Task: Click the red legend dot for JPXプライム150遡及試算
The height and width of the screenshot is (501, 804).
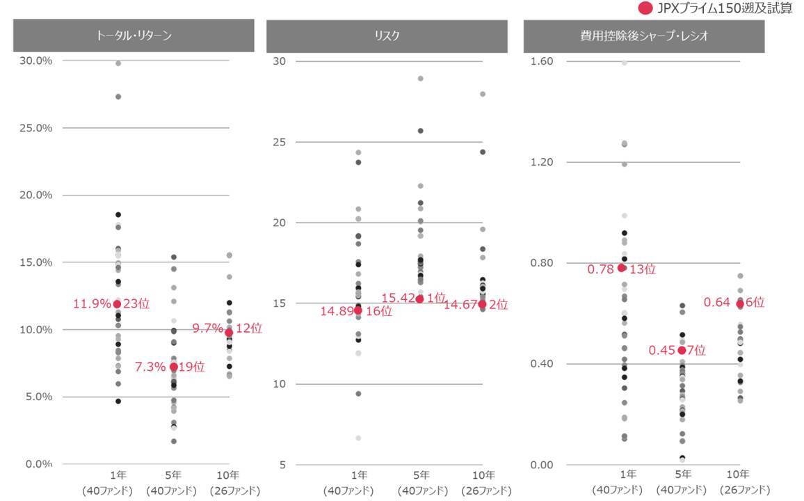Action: click(645, 8)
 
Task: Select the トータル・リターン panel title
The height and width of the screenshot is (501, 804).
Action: click(134, 35)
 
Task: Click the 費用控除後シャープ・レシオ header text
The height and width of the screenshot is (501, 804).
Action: click(643, 35)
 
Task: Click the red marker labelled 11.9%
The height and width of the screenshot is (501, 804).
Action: click(117, 304)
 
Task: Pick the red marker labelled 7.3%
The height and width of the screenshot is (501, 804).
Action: click(173, 367)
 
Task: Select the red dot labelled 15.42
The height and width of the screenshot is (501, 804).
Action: click(419, 299)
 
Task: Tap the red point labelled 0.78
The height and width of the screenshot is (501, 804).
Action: click(622, 268)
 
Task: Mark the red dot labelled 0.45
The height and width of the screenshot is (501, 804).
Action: click(682, 350)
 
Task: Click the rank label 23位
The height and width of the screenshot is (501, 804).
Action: click(136, 303)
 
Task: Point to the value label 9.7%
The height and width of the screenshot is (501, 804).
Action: click(207, 328)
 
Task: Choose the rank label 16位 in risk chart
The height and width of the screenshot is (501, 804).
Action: click(379, 311)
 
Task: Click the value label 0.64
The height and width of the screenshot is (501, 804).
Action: click(716, 302)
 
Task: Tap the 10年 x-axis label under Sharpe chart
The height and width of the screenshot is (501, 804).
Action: click(740, 475)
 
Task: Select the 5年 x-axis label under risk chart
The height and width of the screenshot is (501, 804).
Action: click(419, 475)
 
